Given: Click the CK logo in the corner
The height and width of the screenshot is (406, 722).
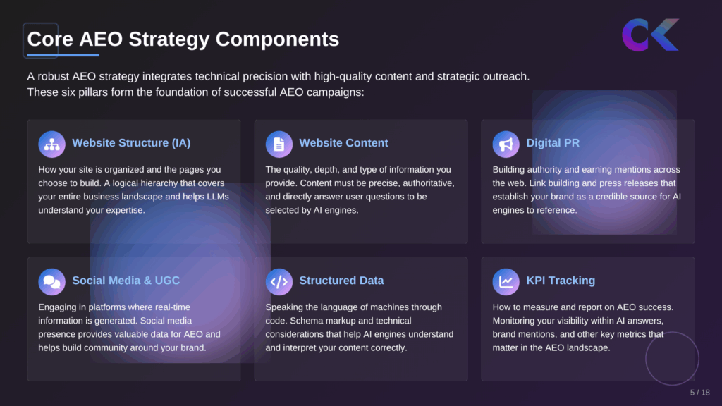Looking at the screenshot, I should (650, 35).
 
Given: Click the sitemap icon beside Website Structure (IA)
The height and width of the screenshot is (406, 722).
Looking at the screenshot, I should (51, 144).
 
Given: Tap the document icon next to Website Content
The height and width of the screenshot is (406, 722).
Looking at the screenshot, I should (279, 144).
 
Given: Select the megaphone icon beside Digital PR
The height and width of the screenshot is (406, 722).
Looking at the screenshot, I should (506, 144).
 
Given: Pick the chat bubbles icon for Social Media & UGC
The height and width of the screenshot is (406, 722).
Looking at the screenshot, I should (51, 281).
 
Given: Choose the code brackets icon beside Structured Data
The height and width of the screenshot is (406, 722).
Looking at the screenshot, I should (279, 281).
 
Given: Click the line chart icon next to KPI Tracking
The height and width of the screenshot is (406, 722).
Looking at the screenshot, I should (506, 281).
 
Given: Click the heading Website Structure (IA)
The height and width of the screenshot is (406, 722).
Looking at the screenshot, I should (131, 143).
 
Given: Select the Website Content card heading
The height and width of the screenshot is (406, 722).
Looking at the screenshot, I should (343, 143).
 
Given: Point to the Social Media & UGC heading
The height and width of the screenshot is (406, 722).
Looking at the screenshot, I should (126, 281).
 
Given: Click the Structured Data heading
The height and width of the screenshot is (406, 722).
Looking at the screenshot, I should (341, 281).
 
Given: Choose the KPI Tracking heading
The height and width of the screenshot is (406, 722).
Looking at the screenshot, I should (561, 281).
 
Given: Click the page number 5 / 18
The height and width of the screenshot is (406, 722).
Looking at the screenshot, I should (699, 393).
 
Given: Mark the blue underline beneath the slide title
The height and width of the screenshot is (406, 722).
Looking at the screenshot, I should (63, 55).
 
